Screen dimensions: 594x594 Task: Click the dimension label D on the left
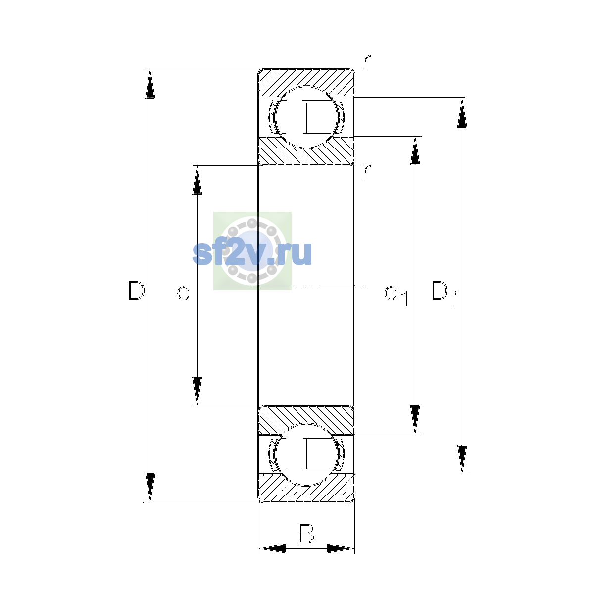(136, 291)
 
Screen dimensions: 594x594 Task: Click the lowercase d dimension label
(184, 291)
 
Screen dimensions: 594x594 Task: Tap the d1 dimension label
(396, 293)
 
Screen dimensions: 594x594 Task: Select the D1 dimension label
(443, 293)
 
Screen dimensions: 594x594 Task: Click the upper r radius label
(366, 62)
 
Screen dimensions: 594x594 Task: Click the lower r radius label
(366, 172)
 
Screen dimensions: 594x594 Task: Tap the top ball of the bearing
(306, 117)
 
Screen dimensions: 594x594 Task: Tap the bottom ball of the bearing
(306, 454)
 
